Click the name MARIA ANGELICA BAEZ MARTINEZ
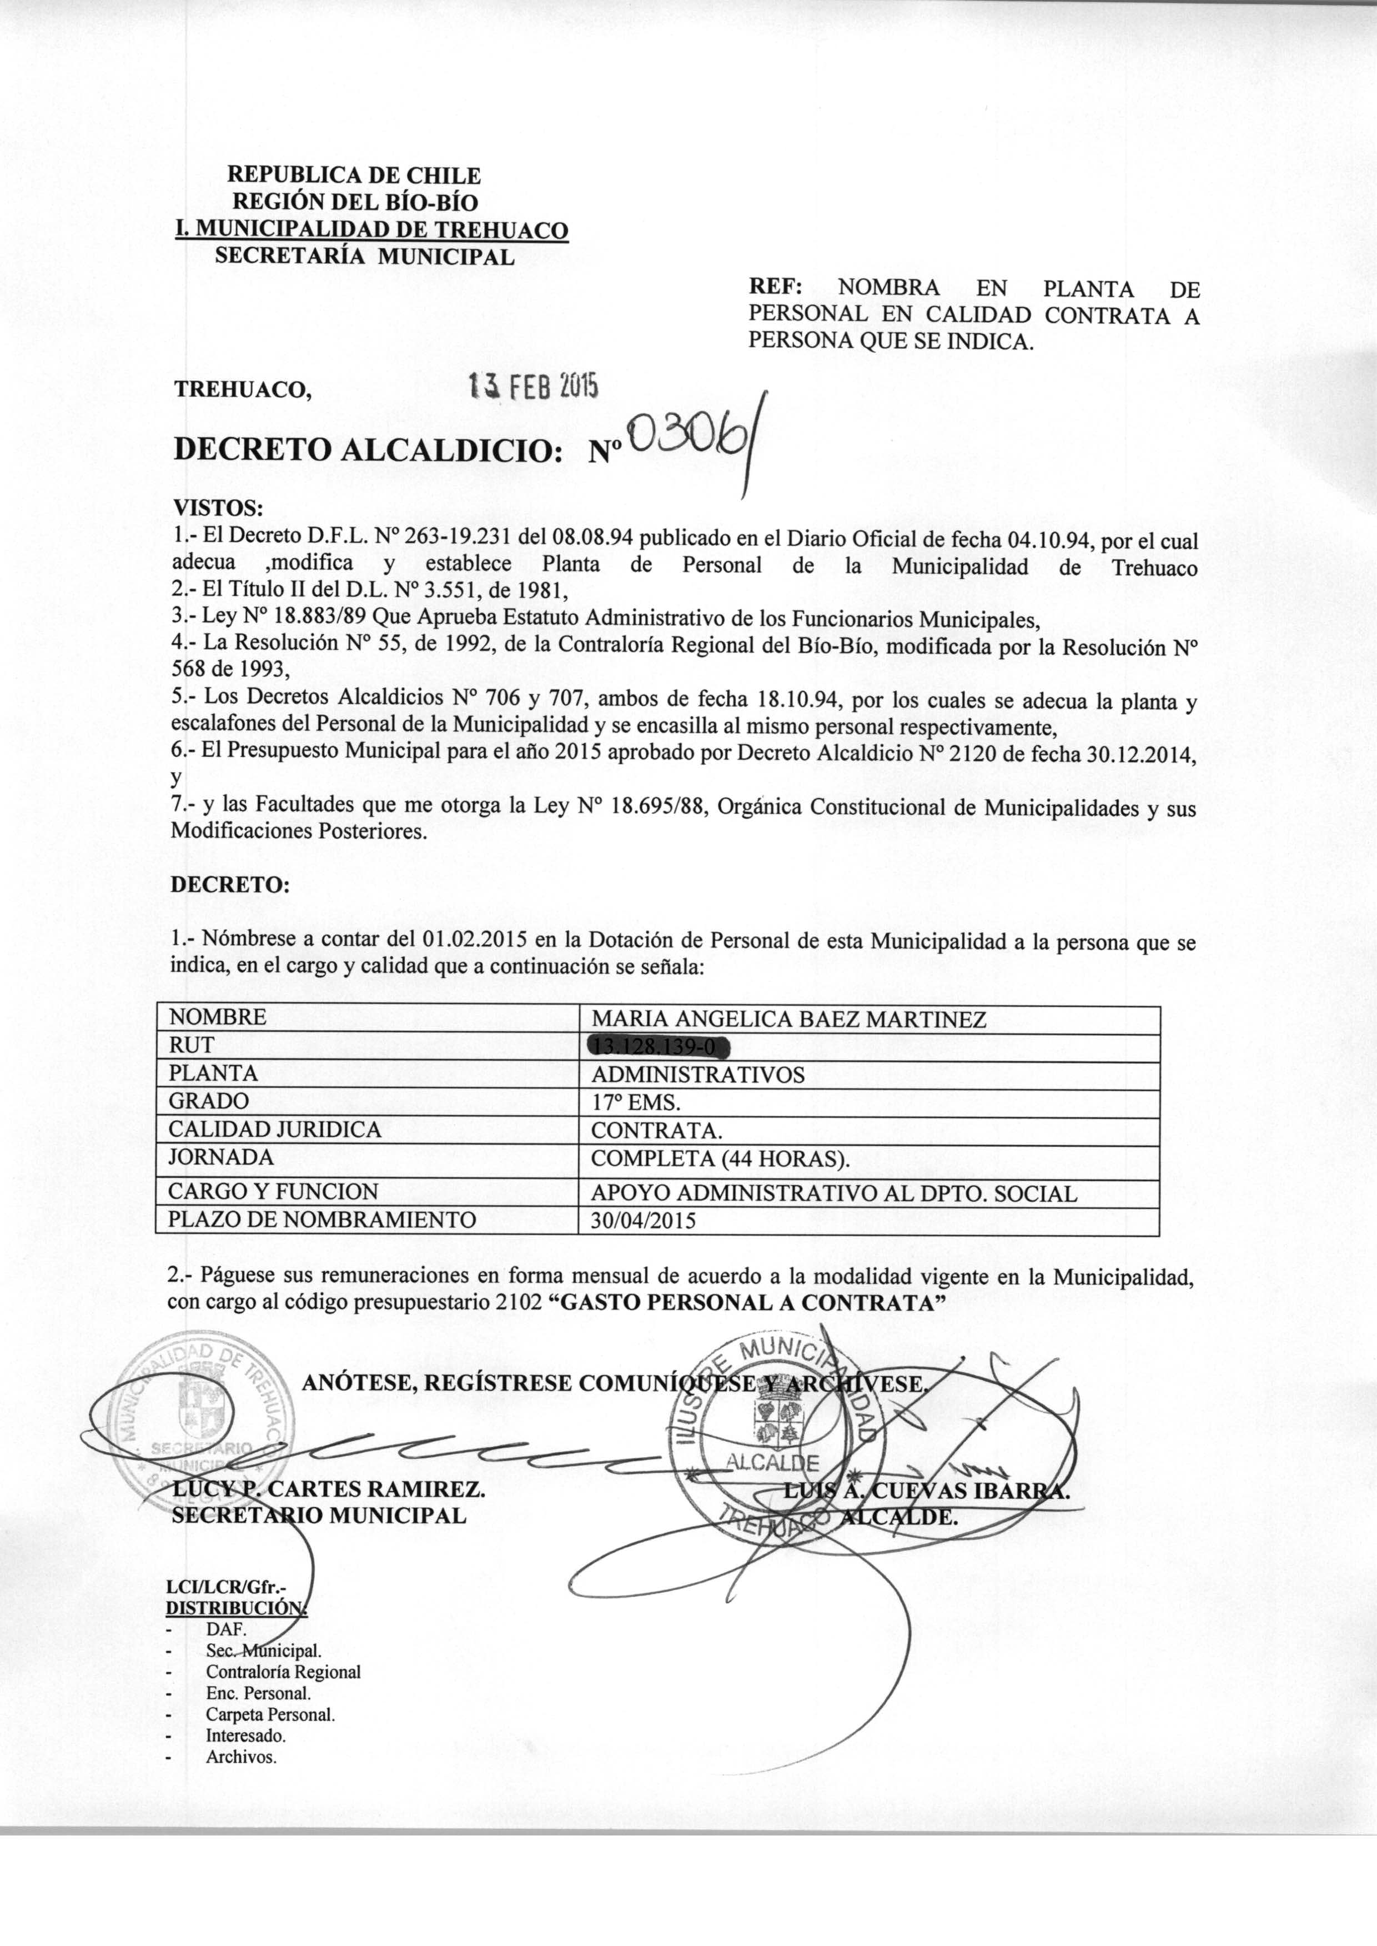click(x=788, y=1019)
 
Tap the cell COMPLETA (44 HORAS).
click(x=720, y=1158)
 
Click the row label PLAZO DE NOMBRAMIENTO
click(x=322, y=1220)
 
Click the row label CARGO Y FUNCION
click(x=273, y=1191)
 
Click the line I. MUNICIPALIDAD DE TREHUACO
click(x=371, y=230)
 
